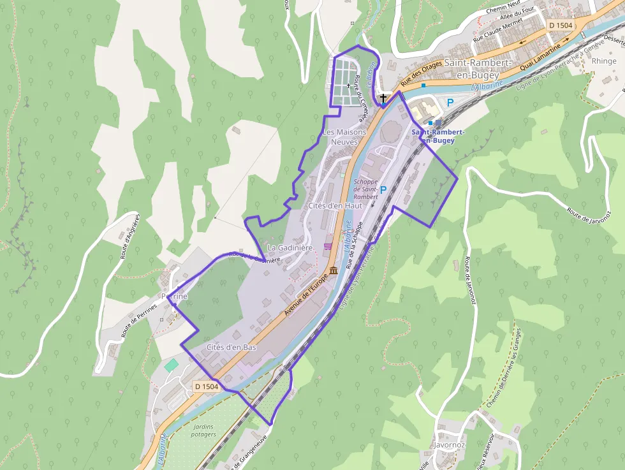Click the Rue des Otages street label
[421, 72]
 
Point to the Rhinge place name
[604, 61]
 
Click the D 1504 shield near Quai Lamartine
[561, 25]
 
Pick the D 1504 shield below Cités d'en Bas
[207, 386]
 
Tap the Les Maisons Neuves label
[344, 136]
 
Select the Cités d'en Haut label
[335, 206]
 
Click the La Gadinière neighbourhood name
[290, 247]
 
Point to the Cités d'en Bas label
[232, 347]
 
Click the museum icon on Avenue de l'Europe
[334, 272]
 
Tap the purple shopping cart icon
[328, 246]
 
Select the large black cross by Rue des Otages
[383, 98]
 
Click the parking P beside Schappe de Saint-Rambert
[383, 189]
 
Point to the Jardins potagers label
[203, 430]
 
